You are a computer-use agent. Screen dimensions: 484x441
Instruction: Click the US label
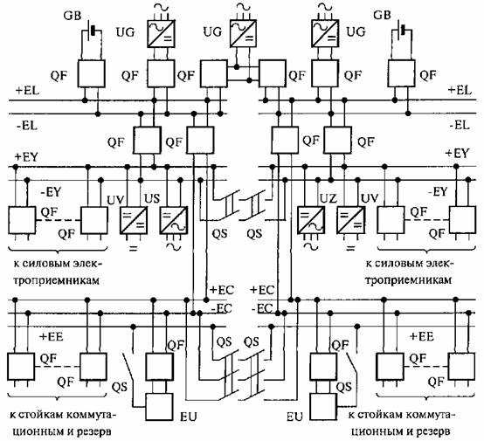click(x=152, y=198)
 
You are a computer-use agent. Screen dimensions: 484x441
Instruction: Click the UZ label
click(x=328, y=198)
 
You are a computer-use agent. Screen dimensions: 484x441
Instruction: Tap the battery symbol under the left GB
click(x=93, y=31)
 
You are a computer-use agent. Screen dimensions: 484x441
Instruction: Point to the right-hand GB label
click(x=382, y=15)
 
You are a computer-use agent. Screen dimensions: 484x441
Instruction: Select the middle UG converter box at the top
click(x=244, y=33)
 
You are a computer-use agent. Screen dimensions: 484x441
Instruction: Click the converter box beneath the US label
click(x=174, y=220)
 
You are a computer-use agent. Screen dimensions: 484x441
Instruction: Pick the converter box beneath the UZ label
click(x=311, y=220)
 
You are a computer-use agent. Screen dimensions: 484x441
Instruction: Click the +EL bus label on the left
click(x=27, y=91)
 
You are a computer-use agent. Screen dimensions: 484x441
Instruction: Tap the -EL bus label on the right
click(x=460, y=126)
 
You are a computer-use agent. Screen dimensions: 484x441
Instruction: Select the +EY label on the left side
click(x=26, y=157)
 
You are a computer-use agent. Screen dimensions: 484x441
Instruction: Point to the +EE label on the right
click(x=422, y=336)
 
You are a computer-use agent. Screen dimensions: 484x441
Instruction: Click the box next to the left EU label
click(x=159, y=407)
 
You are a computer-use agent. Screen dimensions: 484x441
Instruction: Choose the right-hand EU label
click(x=294, y=417)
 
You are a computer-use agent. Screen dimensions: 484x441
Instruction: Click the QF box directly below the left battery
click(x=91, y=73)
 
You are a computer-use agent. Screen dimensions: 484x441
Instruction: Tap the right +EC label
click(x=262, y=290)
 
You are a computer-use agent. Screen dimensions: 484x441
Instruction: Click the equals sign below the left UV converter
click(x=133, y=248)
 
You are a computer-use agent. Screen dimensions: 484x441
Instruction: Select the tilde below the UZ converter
click(x=310, y=246)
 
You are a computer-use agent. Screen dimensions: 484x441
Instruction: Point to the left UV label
click(x=115, y=200)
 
